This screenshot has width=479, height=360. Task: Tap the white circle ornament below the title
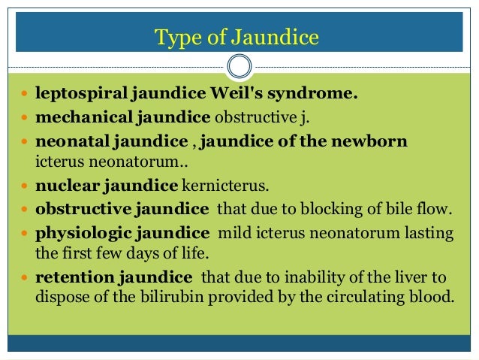click(239, 66)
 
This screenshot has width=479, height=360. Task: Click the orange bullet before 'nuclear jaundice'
click(26, 186)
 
